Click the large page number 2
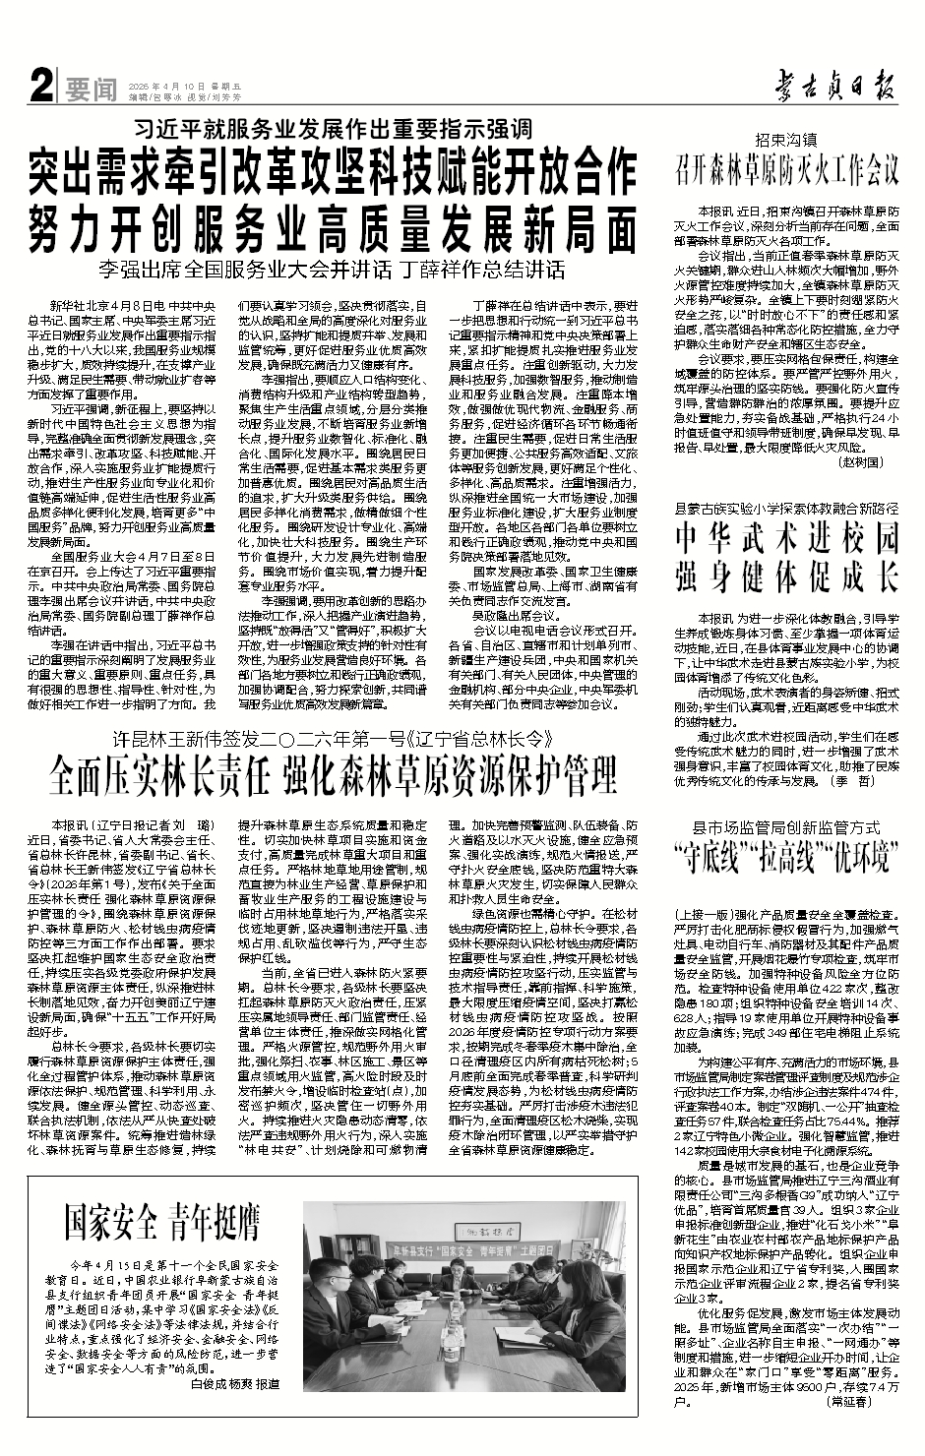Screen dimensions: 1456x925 click(x=40, y=89)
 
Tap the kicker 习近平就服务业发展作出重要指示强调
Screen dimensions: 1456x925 click(x=334, y=128)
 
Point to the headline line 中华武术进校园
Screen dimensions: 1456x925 click(x=786, y=539)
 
